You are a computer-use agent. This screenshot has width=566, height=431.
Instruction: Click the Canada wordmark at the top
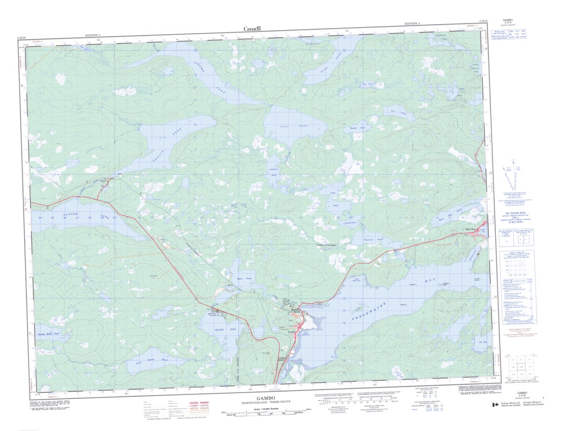pyautogui.click(x=252, y=29)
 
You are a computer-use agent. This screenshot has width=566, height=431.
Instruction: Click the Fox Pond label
pyautogui.click(x=394, y=113)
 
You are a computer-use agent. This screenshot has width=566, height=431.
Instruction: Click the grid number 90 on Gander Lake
pyautogui.click(x=114, y=218)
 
